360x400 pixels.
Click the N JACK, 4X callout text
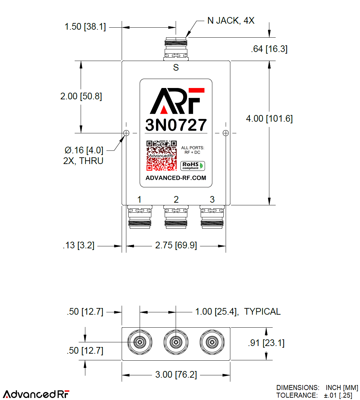click(231, 21)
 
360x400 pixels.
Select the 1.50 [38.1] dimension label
click(85, 27)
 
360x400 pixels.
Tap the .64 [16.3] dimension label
click(269, 49)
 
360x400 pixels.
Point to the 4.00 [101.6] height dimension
click(269, 119)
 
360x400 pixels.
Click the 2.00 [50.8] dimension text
click(81, 96)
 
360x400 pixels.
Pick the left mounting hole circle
click(126, 133)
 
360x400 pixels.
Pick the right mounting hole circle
click(226, 133)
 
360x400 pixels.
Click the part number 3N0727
click(176, 125)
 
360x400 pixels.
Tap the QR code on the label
click(162, 155)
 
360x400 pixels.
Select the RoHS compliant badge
click(192, 166)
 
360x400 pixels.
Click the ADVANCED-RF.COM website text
click(176, 178)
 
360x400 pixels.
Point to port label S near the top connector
click(176, 68)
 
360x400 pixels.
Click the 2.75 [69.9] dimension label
click(176, 246)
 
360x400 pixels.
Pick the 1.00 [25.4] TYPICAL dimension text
click(237, 312)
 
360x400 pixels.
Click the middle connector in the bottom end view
click(176, 342)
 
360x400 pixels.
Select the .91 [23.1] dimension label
click(266, 343)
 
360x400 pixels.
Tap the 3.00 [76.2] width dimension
click(176, 375)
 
